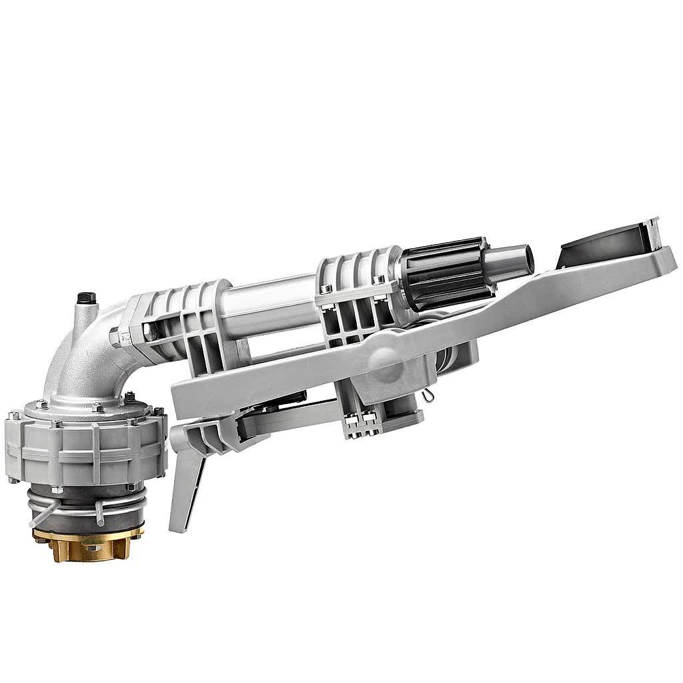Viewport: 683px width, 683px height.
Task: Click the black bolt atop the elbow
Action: coord(86,296)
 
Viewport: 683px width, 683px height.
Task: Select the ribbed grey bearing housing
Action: coord(87,444)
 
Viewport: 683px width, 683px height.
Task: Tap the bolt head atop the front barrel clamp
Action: coord(326,289)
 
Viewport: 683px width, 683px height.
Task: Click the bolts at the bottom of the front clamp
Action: coord(360,427)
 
